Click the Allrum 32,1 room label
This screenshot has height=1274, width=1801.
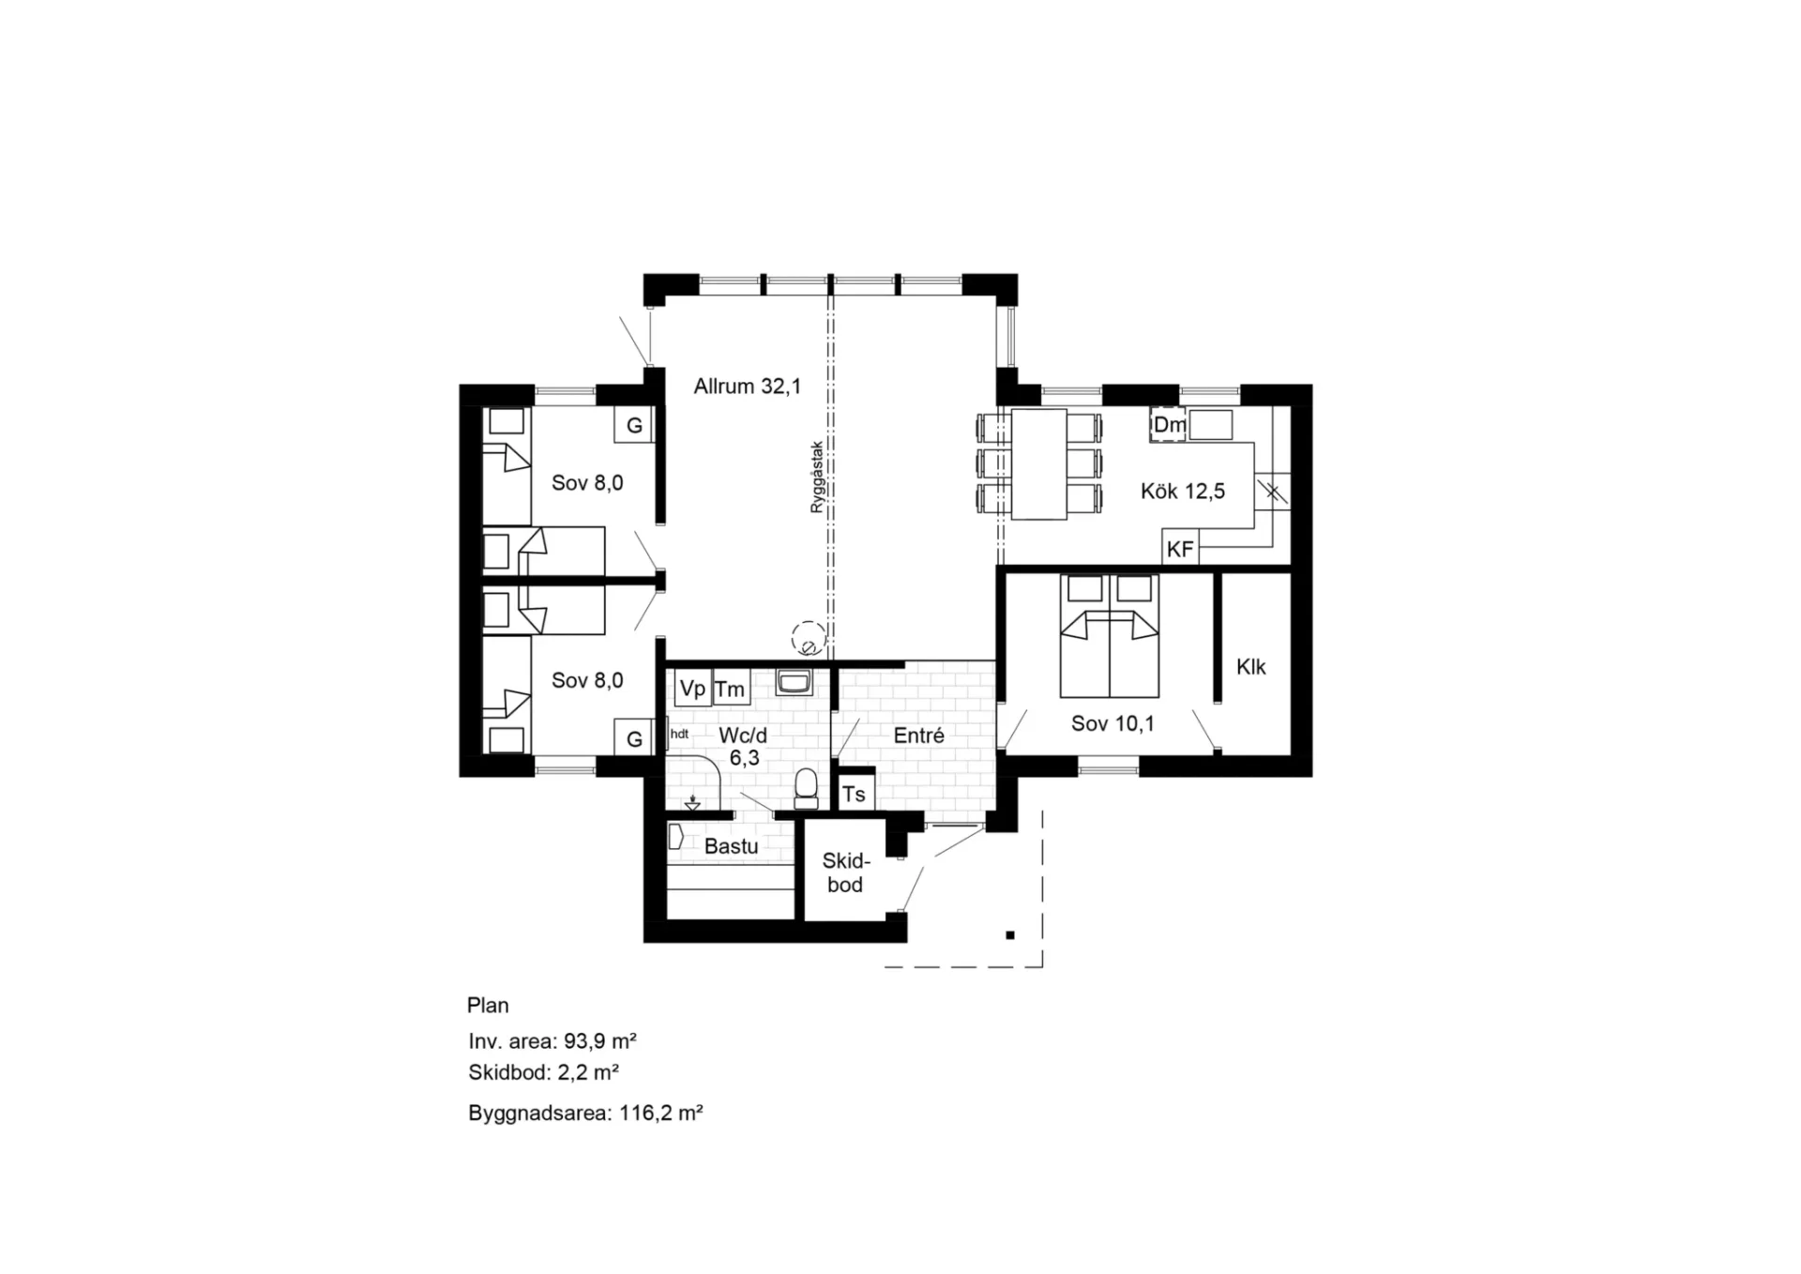coord(748,386)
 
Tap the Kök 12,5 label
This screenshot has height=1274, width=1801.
coord(1183,491)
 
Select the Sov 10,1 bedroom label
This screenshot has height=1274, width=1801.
coord(1112,723)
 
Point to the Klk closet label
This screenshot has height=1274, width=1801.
coord(1251,667)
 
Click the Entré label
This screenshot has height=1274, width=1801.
coord(918,736)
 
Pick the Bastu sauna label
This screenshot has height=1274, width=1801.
coord(731,846)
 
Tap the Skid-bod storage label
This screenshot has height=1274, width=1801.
coord(846,872)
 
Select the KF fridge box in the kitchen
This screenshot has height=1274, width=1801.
coord(1180,548)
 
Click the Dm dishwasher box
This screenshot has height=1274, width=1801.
coord(1168,424)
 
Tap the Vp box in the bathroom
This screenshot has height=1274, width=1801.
coord(692,689)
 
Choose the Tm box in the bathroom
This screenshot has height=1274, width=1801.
coord(731,689)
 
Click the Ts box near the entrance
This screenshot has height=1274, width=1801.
coord(855,794)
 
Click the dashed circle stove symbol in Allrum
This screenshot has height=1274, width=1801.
coord(808,639)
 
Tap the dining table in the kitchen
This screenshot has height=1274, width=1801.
coord(1038,463)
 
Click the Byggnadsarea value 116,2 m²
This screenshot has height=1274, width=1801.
coord(661,1113)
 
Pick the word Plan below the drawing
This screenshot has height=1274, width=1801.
coord(488,1005)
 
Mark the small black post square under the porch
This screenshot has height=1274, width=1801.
coord(1010,935)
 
